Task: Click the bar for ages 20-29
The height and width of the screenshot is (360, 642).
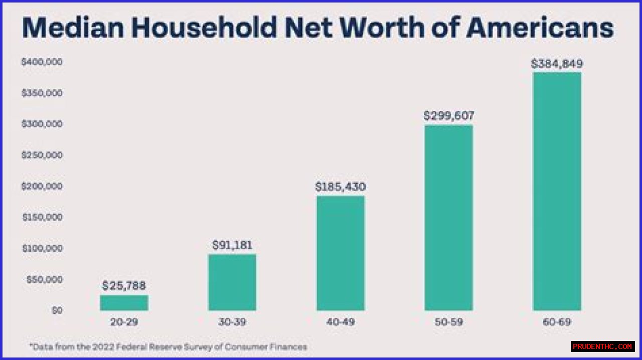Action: coord(124,303)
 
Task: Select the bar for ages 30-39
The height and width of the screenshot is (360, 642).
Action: coord(232,282)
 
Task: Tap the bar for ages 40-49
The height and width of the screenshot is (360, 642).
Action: coord(341,253)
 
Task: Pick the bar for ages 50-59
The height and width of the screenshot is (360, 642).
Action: coord(448,218)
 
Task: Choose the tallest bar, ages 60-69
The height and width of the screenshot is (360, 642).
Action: coord(557,192)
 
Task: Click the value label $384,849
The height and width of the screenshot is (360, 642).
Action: coord(557,64)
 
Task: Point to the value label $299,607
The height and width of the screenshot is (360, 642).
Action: coord(448,116)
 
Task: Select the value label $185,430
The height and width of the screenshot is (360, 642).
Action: coord(341,187)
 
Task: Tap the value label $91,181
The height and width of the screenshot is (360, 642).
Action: coord(232,245)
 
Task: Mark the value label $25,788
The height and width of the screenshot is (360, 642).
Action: coord(124,286)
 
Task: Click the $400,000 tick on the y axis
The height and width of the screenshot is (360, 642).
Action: coord(42,62)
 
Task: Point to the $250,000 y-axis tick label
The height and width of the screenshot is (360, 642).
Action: coord(42,155)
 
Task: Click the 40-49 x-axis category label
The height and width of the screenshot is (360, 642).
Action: coord(341,322)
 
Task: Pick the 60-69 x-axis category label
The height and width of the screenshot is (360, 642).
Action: coord(557,322)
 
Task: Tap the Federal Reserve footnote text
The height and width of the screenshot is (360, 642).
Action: coord(168,346)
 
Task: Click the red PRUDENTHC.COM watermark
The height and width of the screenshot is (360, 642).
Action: coord(602,346)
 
